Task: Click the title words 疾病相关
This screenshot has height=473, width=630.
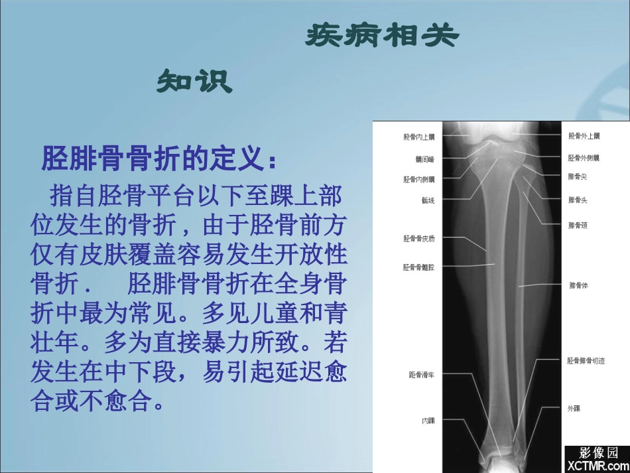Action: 381,36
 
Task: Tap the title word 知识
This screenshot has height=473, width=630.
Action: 194,82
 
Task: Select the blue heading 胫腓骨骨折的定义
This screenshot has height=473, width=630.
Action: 158,159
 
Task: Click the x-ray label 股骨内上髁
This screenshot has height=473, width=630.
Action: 418,137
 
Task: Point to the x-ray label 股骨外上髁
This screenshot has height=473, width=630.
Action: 584,137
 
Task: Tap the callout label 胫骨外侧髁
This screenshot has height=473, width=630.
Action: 584,158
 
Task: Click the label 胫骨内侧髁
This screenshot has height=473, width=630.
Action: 418,179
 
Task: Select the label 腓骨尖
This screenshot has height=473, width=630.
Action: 577,177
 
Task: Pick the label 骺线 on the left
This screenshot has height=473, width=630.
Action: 427,199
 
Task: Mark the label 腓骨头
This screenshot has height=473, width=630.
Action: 577,199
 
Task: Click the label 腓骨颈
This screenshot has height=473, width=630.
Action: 577,226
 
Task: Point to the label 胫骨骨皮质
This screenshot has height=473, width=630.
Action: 418,238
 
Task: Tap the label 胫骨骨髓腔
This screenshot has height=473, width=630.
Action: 418,267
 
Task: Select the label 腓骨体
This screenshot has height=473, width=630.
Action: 578,286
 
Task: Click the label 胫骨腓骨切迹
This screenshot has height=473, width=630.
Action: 586,361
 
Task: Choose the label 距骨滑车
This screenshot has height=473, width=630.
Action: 421,375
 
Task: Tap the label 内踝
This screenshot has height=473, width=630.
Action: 428,421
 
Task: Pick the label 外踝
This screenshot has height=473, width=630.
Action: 574,409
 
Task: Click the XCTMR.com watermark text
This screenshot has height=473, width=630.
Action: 595,466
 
